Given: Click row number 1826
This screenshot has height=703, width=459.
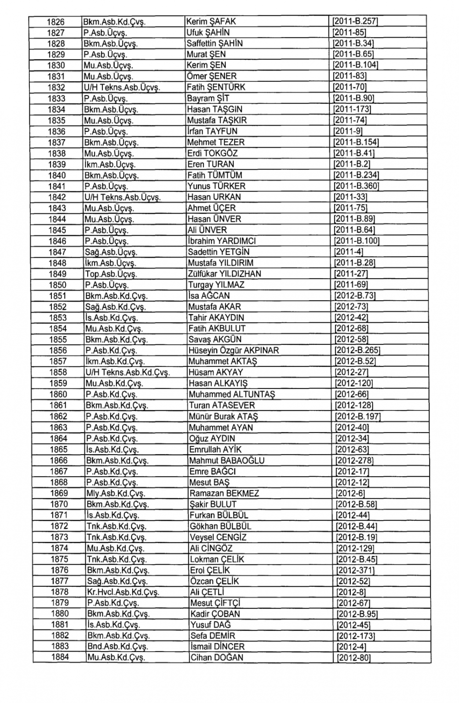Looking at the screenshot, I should click(56, 22).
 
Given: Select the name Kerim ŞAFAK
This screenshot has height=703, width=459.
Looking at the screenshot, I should click(211, 22).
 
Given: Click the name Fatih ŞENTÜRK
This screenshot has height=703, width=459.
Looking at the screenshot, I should click(216, 87).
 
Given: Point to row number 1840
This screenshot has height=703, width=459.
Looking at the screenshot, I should click(57, 175).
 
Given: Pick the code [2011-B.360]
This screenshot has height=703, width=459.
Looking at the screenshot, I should click(357, 186).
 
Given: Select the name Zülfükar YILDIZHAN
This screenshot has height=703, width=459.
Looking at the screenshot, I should click(224, 274).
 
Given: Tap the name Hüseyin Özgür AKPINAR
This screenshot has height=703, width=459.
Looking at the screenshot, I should click(234, 351).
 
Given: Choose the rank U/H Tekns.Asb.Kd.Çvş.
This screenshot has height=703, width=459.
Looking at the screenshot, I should click(128, 372).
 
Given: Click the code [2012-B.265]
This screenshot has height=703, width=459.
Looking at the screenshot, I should click(358, 351).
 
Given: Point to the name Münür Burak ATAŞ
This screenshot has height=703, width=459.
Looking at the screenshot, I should click(224, 416).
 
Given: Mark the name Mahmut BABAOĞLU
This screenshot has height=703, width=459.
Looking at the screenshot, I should click(227, 461).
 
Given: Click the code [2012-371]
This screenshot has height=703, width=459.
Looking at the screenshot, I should click(355, 570).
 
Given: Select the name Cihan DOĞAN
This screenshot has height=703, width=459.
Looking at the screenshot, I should click(217, 658).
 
